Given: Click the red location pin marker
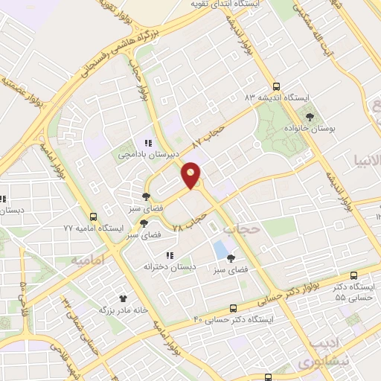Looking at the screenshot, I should click(x=191, y=175).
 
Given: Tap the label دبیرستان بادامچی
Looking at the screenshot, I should click(x=148, y=155).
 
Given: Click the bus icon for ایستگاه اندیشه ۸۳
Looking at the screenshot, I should click(x=277, y=86).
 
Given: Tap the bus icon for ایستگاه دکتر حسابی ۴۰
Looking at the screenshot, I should click(x=234, y=307).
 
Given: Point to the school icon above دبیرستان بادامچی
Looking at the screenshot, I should click(x=148, y=143).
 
